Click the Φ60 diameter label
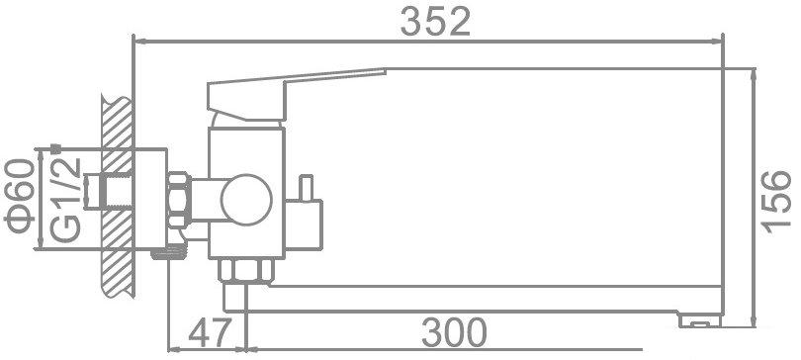pos(22,192)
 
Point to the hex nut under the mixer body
pos(244,273)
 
